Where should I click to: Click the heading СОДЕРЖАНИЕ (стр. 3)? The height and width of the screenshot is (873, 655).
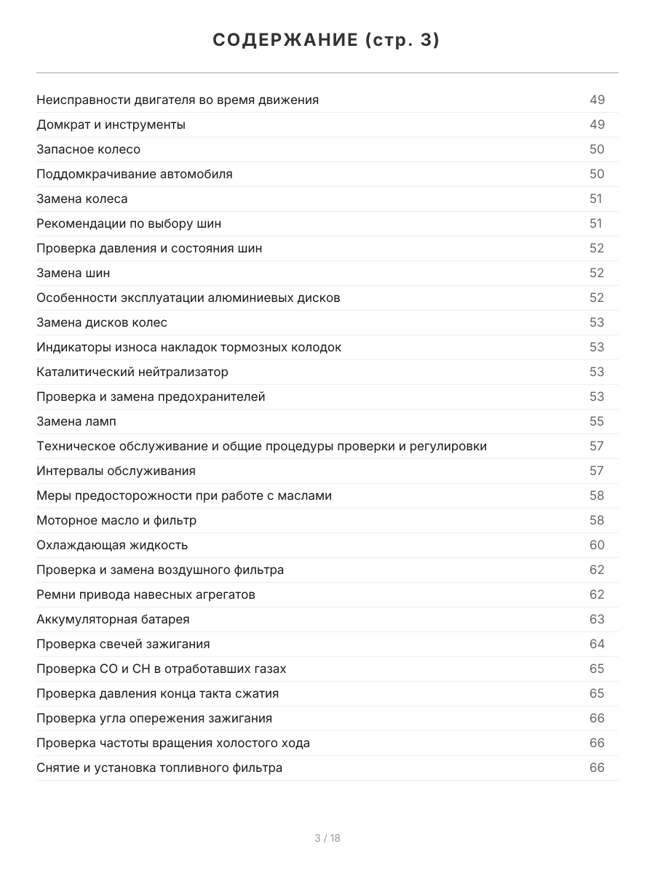[x=327, y=41]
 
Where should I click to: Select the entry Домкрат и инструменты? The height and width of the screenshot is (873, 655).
[x=111, y=124]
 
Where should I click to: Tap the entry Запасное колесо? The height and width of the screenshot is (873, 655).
[x=88, y=149]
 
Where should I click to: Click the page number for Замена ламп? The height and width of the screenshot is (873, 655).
[x=597, y=421]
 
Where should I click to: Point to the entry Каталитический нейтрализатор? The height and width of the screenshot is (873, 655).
[x=132, y=372]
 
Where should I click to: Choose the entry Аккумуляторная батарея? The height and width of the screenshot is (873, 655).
[x=113, y=619]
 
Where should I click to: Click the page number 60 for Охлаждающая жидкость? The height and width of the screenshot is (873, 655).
[x=597, y=545]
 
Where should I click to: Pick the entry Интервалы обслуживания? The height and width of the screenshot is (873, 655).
[x=116, y=471]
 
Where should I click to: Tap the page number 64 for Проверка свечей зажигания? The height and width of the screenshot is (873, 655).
[x=597, y=644]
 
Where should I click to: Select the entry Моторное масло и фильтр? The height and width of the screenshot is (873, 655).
[x=116, y=520]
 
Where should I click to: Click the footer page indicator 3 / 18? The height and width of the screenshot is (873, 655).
[x=327, y=838]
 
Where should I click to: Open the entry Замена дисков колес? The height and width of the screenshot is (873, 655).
[x=102, y=322]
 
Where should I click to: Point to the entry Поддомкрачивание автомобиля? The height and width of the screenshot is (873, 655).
[x=135, y=174]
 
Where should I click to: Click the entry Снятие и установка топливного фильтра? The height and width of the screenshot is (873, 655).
[x=159, y=768]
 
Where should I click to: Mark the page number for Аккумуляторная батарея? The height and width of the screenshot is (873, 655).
[x=597, y=619]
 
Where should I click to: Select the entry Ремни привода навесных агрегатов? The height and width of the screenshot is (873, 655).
[x=146, y=594]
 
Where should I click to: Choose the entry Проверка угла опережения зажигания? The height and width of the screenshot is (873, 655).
[x=154, y=718]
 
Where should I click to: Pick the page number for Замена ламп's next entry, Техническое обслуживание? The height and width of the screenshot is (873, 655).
[x=597, y=446]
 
